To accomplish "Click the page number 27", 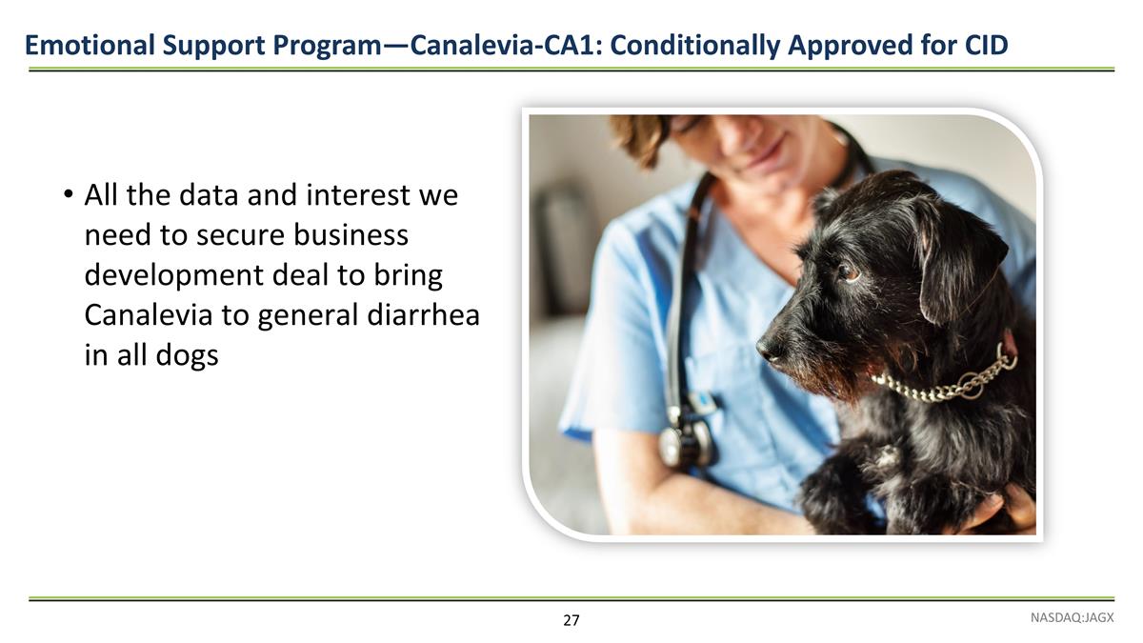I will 571,621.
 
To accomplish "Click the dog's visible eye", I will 847,272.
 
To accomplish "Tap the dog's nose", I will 770,350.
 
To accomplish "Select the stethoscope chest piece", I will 684,442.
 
